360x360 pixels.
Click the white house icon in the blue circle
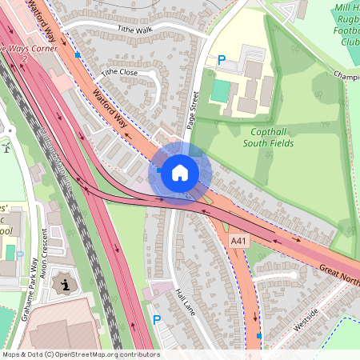pyautogui.click(x=180, y=171)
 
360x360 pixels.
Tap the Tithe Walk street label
pyautogui.click(x=134, y=29)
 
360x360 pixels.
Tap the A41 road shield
pyautogui.click(x=238, y=240)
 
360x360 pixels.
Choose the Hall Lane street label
pyautogui.click(x=185, y=302)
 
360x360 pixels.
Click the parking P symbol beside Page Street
pyautogui.click(x=222, y=59)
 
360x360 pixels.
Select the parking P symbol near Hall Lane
pyautogui.click(x=157, y=319)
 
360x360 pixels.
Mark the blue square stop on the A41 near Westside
pyautogui.click(x=259, y=337)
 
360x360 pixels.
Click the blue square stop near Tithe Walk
pyautogui.click(x=78, y=54)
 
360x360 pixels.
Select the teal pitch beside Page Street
pyautogui.click(x=219, y=91)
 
